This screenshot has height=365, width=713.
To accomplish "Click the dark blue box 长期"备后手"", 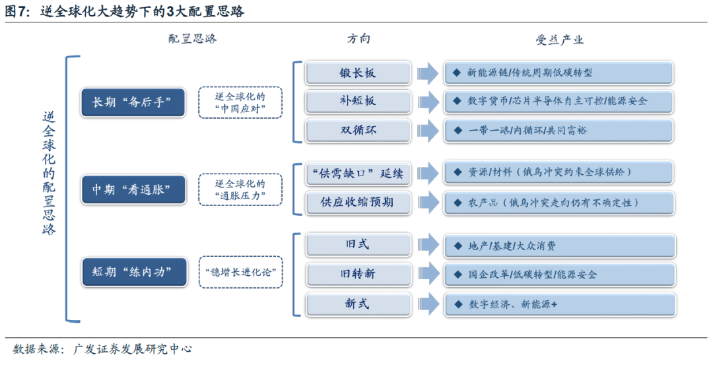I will pos(132,102).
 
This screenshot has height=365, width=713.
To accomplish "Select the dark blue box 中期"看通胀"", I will pos(132,189).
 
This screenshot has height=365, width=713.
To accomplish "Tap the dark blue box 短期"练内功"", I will pos(132,271).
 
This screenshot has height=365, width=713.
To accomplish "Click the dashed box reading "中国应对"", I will pos(240,102).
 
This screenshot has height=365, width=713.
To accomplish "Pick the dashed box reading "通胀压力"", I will pos(240,189).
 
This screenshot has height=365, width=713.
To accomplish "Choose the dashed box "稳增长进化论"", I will pos(240,271).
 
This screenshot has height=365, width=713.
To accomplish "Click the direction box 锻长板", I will pos(358,73).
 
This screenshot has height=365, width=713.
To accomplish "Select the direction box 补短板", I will pos(358,101).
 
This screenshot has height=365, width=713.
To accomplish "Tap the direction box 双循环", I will pos(358,130).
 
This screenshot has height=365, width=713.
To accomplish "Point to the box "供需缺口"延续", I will pos(358,174).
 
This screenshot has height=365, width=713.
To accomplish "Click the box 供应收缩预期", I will pos(358,202).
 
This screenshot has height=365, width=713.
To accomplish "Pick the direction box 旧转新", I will pos(358,273).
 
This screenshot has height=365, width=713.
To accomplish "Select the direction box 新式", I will pos(358,304).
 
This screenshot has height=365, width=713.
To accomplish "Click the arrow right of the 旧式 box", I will pos(428,245).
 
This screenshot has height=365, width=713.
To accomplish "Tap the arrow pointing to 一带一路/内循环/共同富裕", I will pos(428,130).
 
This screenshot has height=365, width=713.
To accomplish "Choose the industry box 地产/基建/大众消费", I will pos(559,246).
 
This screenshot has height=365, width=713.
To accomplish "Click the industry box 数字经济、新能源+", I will pos(559,304).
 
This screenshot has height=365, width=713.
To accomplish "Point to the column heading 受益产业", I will pos(559,40).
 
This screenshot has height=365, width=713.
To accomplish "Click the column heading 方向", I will pos(358,39).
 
